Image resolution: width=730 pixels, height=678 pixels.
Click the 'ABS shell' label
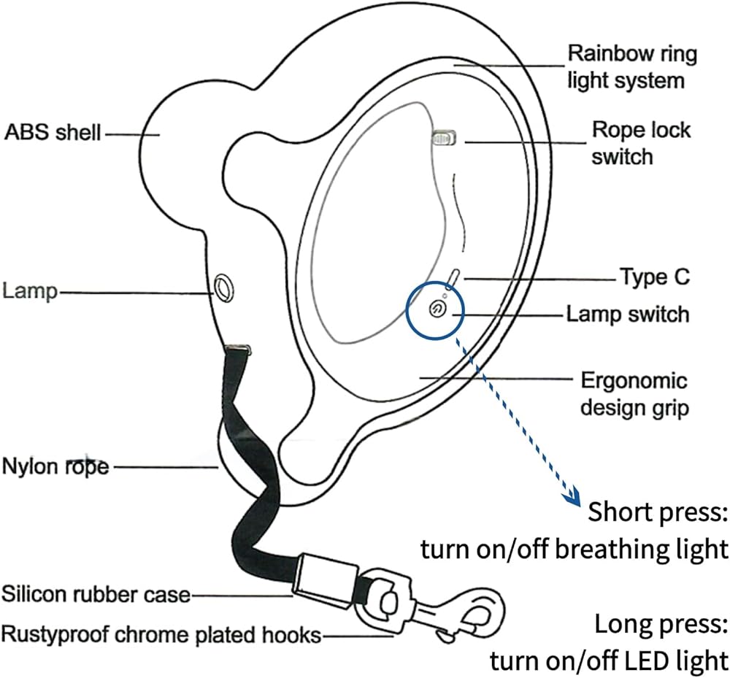point(53,132)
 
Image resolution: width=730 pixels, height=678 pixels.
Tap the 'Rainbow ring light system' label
point(631,66)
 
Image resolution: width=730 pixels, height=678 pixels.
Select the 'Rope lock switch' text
point(641,143)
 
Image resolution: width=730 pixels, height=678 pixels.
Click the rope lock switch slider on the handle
point(444,138)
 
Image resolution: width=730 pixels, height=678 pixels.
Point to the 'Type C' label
point(655,277)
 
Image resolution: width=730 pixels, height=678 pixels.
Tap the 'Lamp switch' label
point(628,314)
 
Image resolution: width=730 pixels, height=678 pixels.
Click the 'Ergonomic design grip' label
point(634,393)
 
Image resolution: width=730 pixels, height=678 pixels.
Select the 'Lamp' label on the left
point(30,291)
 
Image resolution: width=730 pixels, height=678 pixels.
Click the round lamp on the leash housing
point(223,288)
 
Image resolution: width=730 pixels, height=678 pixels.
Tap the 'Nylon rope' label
point(55,466)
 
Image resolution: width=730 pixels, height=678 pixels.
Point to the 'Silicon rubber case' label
point(96,594)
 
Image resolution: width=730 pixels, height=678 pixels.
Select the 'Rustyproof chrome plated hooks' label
point(161,635)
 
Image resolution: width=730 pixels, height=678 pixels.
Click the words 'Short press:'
point(658,512)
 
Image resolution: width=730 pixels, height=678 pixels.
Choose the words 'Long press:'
point(661,623)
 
